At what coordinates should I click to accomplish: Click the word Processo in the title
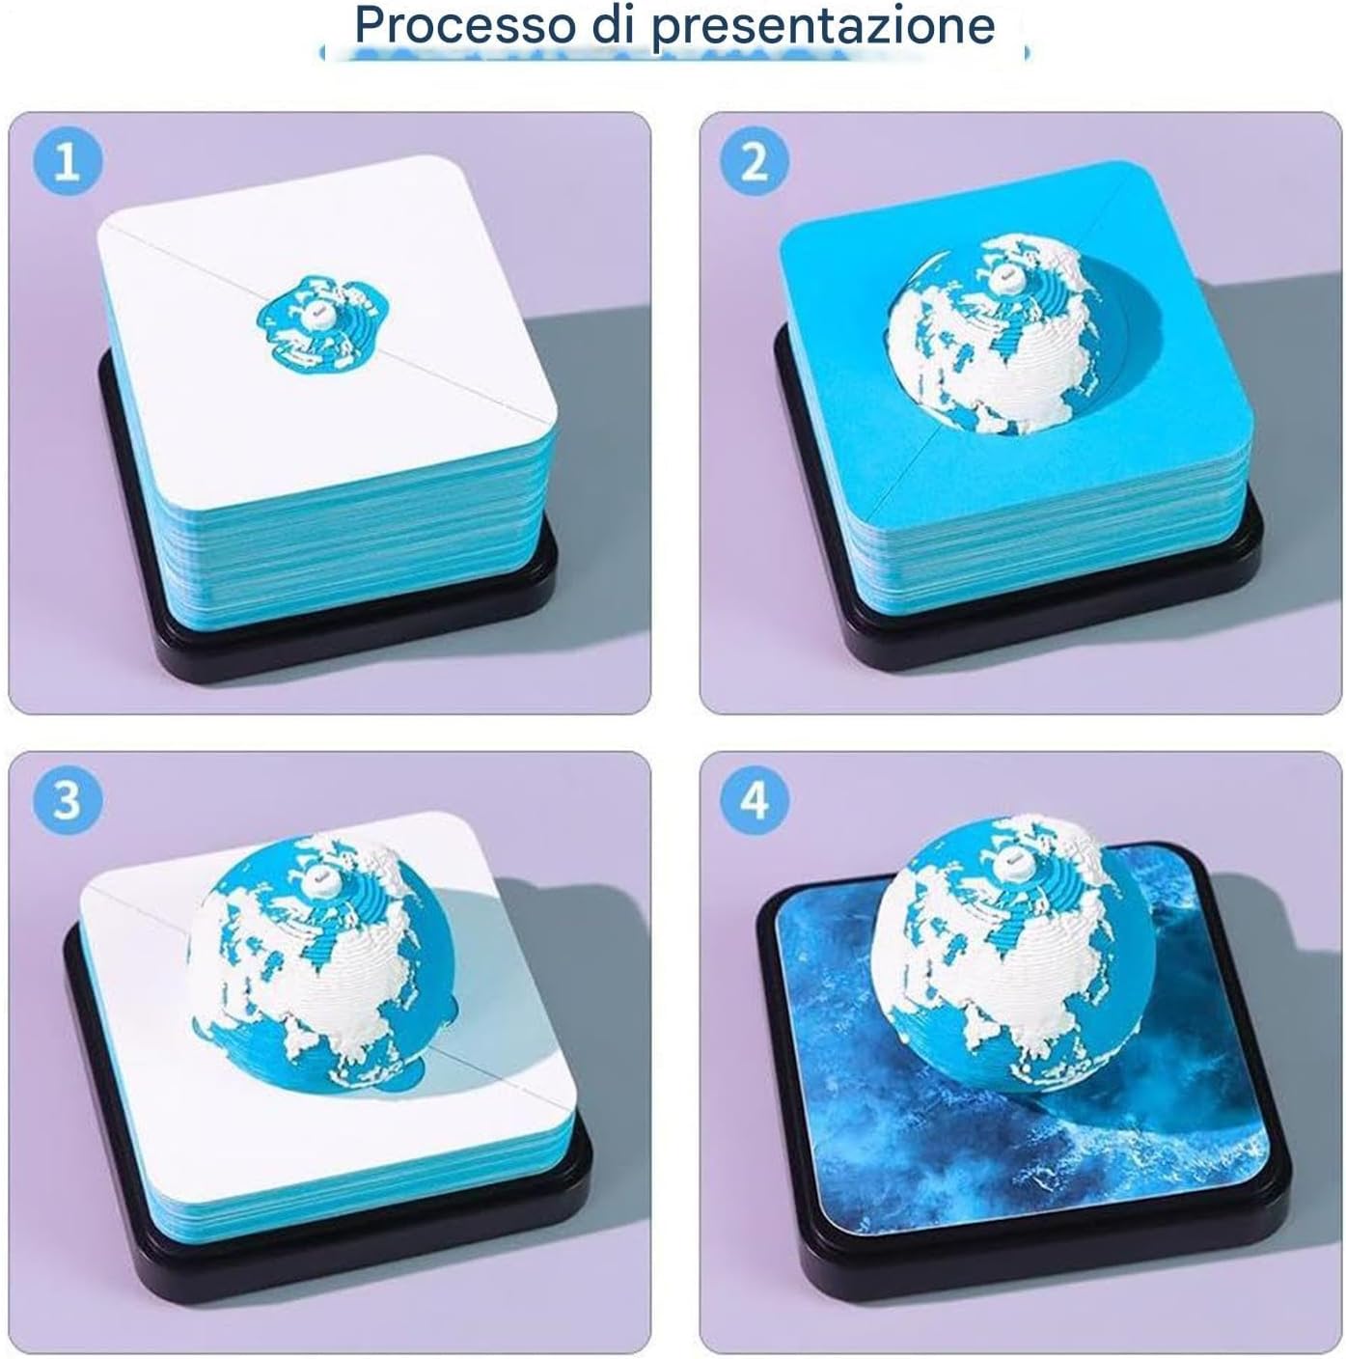(x=466, y=26)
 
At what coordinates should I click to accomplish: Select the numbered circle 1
(x=67, y=162)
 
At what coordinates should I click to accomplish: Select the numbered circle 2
(x=754, y=162)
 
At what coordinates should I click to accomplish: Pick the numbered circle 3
(x=67, y=800)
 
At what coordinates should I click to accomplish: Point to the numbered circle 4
(x=754, y=800)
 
